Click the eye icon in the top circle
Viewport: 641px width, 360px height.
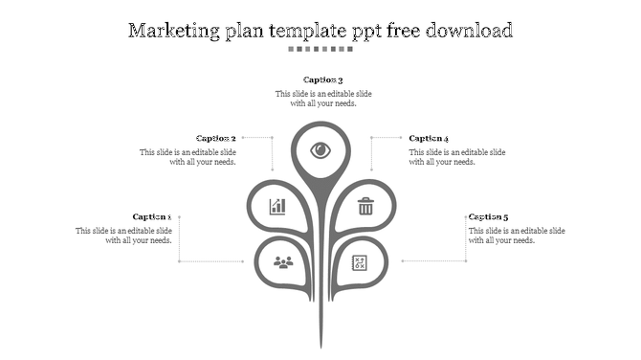[x=320, y=150]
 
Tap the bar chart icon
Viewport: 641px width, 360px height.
[x=277, y=206]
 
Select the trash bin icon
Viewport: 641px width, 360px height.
[x=365, y=206]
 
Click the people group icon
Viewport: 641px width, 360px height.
[x=282, y=261]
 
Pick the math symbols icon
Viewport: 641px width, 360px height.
[x=360, y=261]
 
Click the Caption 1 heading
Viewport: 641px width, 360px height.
[x=152, y=217]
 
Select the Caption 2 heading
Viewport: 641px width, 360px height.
[x=216, y=139]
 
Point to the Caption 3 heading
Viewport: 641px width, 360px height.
[x=323, y=80]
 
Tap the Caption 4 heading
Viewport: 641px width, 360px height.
[x=429, y=139]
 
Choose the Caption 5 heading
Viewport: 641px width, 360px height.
[x=488, y=217]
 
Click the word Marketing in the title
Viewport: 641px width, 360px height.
[x=176, y=31]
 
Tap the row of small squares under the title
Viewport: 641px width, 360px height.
[x=320, y=49]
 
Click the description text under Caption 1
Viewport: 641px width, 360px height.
[x=124, y=236]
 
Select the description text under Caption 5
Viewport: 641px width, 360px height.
[x=517, y=236]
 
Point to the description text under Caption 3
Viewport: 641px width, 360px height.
[x=323, y=99]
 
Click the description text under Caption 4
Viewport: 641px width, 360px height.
[x=457, y=157]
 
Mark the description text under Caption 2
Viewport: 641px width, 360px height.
[x=188, y=157]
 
